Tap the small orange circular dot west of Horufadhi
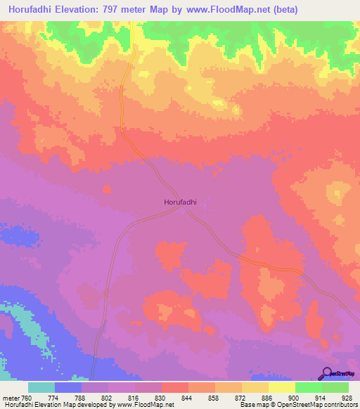coord(107,189)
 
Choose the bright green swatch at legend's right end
coord(335,387)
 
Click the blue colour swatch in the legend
coord(68,387)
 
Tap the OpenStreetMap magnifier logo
coord(328,373)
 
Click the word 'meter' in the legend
coord(11,397)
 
